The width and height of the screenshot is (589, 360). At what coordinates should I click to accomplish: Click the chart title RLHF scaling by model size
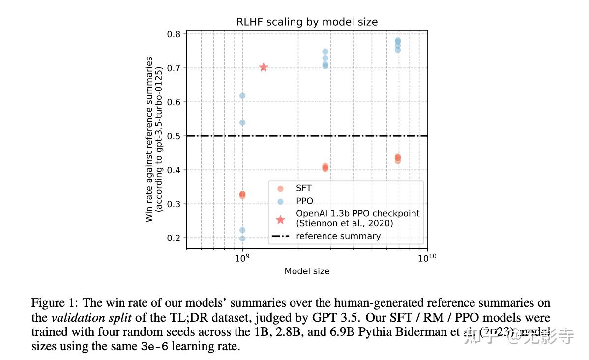(x=307, y=22)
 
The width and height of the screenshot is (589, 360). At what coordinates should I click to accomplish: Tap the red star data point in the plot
(x=264, y=67)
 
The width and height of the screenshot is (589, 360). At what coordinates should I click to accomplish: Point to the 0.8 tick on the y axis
(x=174, y=34)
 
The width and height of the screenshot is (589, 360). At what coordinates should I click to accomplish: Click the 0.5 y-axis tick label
(x=174, y=136)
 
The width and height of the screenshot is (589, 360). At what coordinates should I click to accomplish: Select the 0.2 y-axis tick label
(x=174, y=238)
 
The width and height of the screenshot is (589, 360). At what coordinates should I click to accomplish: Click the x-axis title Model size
(x=307, y=271)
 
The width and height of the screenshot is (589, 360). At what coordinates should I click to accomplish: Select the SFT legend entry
(x=303, y=188)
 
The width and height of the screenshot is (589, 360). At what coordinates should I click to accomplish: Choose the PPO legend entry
(x=304, y=201)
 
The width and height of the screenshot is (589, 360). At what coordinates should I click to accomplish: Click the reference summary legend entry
(x=338, y=236)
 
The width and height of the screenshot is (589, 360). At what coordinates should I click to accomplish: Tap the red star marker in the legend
(x=280, y=219)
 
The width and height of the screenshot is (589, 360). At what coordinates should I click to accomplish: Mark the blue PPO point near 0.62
(x=242, y=95)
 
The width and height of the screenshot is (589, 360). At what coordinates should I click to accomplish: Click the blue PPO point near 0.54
(x=242, y=122)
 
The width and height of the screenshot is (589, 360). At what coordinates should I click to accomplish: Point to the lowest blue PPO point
(x=242, y=239)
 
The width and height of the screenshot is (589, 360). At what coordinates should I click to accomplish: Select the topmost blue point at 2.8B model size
(x=325, y=52)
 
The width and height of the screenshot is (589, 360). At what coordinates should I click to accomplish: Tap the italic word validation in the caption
(x=73, y=318)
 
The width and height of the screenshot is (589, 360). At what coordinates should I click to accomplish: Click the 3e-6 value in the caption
(x=155, y=346)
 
